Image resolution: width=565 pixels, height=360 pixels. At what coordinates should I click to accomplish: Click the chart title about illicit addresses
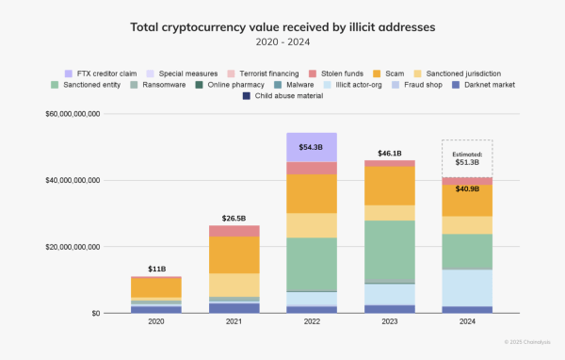[x=282, y=27]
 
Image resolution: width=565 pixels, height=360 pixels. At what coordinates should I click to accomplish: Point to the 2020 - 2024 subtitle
[x=282, y=42]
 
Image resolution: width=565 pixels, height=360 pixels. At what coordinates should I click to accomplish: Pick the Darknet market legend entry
[x=476, y=85]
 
